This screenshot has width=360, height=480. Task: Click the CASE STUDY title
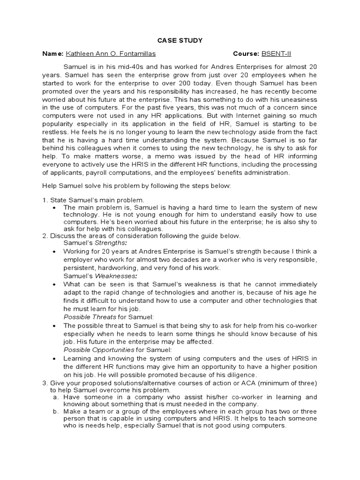click(x=180, y=41)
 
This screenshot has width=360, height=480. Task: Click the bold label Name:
click(x=52, y=54)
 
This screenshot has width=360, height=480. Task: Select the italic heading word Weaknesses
click(x=114, y=276)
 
